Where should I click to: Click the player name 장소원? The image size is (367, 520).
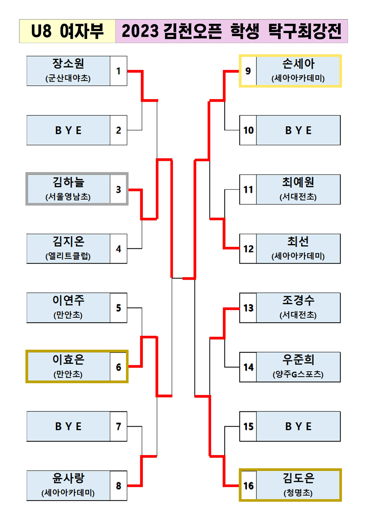68,64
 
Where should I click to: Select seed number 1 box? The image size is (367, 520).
118,71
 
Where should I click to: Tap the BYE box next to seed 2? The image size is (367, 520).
68,130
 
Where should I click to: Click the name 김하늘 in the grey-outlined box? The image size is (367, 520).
68,182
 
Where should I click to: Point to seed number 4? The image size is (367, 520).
118,249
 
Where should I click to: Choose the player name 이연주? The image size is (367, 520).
68,301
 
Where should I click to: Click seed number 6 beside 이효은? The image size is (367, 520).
118,367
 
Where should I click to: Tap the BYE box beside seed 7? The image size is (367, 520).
68,426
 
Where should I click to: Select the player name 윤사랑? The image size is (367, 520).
68,478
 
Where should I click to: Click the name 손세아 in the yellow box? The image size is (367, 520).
298,64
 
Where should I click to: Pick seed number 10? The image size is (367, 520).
248,130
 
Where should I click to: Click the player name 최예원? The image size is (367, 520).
298,182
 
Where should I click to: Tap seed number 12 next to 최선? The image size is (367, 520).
248,249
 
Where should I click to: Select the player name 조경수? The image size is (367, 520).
298,301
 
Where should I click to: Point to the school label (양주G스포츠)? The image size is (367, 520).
298,374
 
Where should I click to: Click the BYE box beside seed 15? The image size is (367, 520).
298,426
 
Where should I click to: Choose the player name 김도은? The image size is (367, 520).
298,478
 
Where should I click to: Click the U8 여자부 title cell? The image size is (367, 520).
68,31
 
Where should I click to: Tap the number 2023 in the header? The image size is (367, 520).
140,31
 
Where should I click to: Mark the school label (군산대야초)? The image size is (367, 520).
68,78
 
